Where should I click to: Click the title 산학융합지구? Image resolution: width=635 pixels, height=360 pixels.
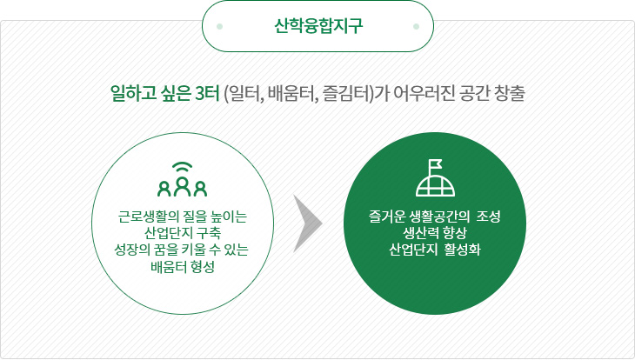click(317, 26)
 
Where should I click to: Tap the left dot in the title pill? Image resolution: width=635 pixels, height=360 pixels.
click(219, 26)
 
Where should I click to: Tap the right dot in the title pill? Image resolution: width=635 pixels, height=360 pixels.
click(416, 26)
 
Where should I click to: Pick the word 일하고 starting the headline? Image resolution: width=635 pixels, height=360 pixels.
click(134, 93)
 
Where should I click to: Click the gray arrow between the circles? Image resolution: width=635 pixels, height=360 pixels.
click(307, 223)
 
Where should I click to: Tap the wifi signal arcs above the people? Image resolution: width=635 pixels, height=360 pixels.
click(183, 168)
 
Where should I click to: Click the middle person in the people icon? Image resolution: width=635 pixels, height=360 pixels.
click(183, 186)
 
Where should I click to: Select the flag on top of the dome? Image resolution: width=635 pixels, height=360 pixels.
click(435, 166)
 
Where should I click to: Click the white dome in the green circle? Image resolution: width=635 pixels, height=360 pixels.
click(435, 186)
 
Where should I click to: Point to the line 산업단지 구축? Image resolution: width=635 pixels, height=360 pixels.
click(183, 233)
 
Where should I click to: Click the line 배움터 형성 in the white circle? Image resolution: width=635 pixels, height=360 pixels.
click(183, 267)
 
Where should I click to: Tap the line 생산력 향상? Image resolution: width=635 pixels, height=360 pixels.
click(435, 233)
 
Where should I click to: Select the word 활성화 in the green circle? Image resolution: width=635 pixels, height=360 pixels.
click(463, 250)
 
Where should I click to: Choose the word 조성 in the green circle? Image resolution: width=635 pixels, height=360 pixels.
click(488, 217)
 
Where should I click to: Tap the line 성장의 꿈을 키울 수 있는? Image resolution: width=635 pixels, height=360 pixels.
click(182, 250)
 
